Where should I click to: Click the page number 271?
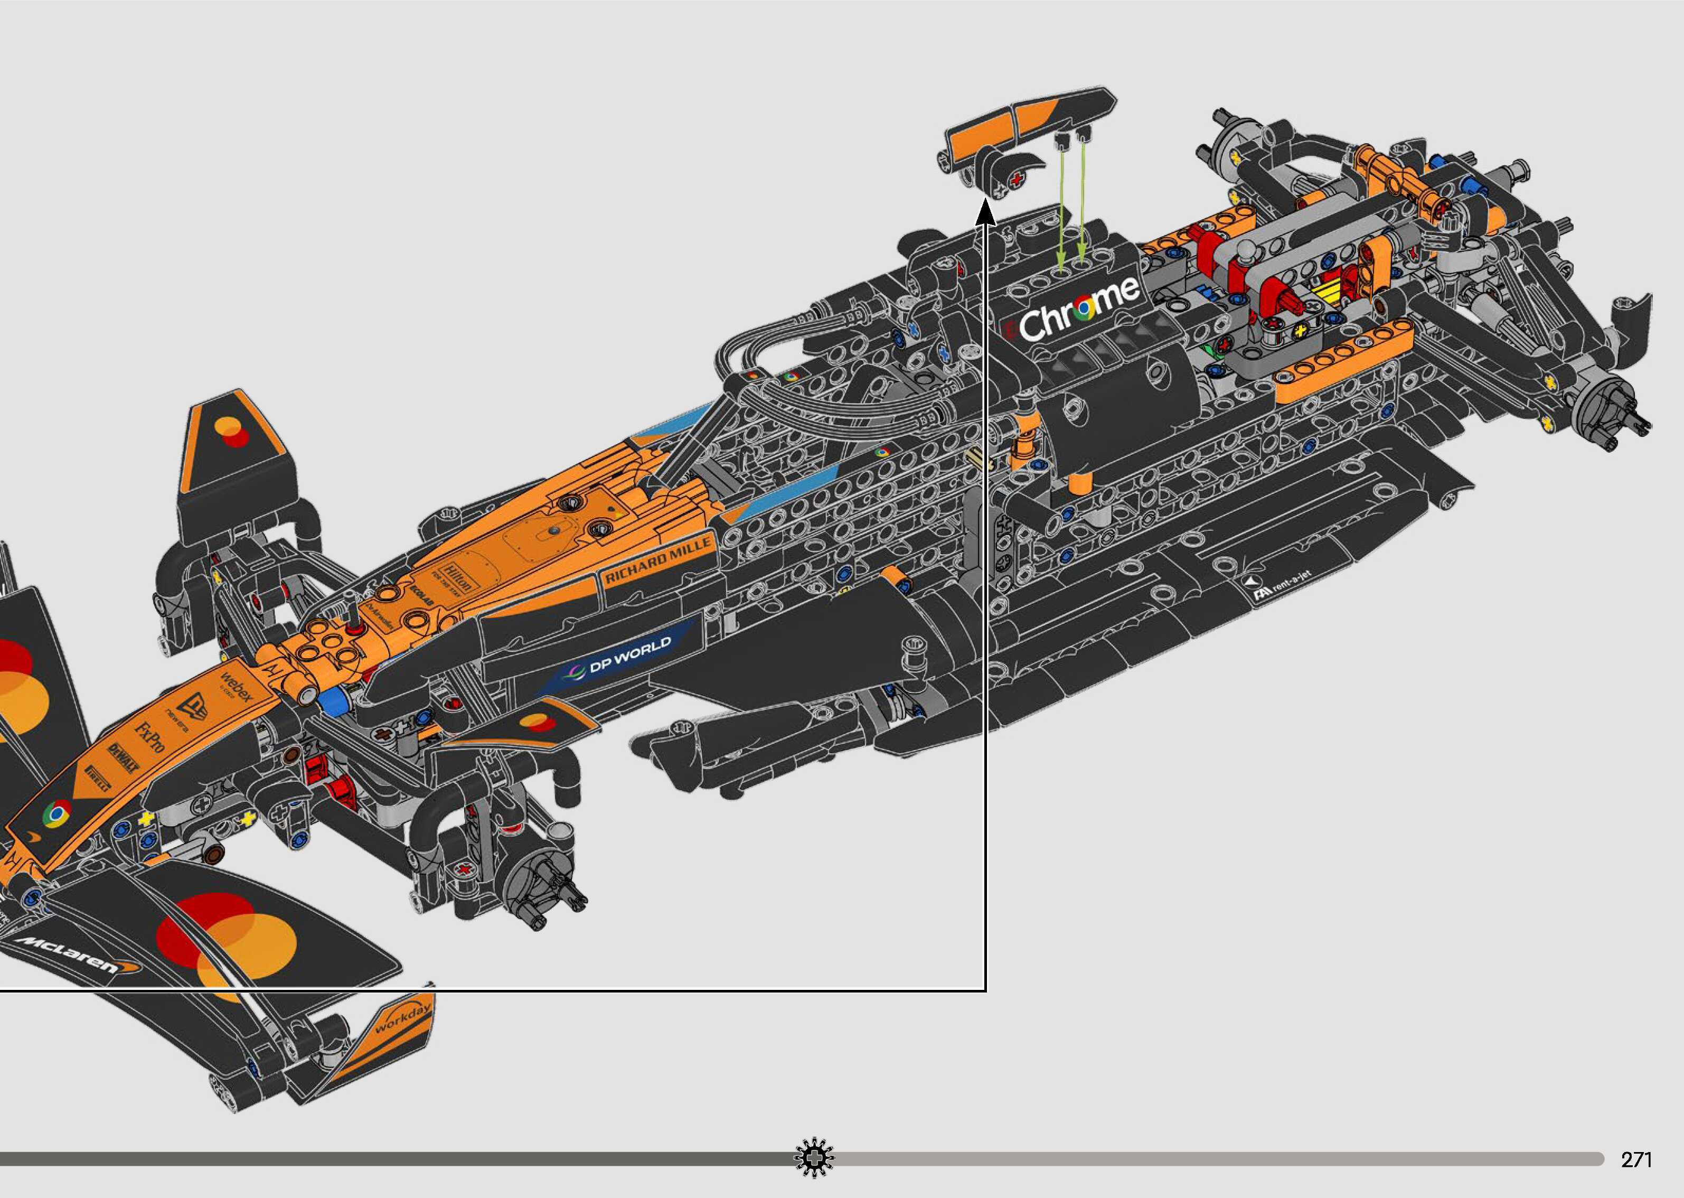(x=1636, y=1159)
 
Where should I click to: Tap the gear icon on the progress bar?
(x=814, y=1158)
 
